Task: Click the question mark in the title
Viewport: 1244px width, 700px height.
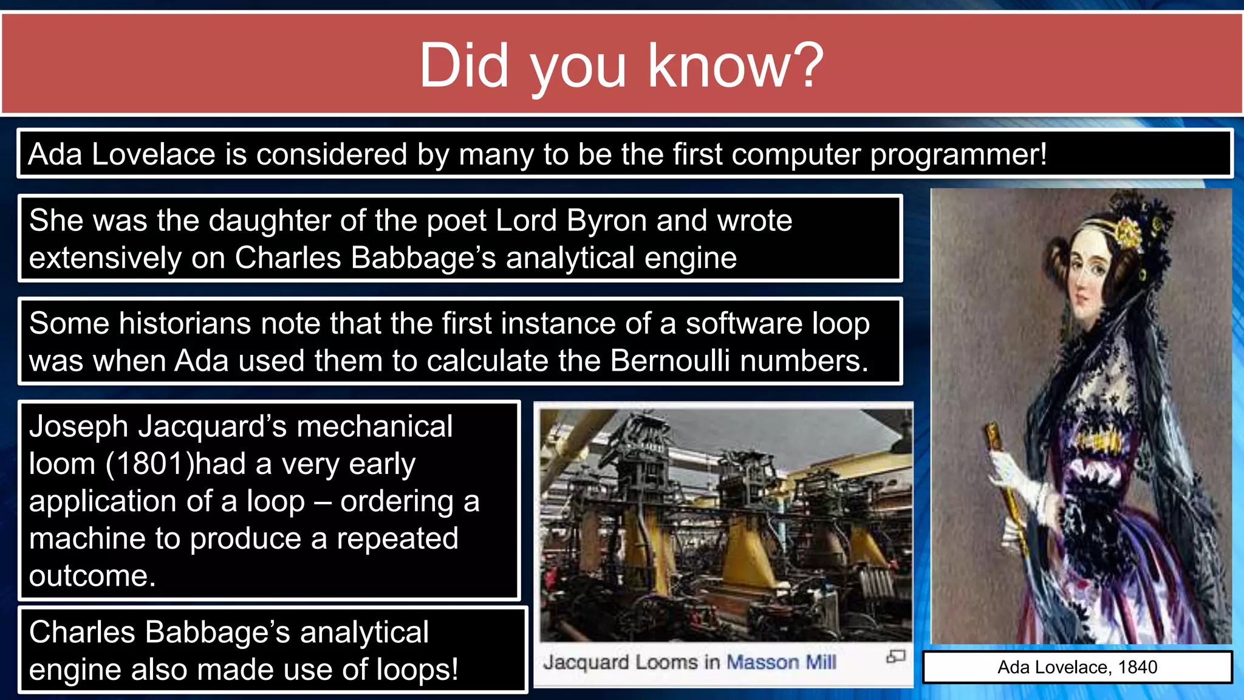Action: pyautogui.click(x=802, y=66)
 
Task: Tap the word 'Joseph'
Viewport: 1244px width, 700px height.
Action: pyautogui.click(x=79, y=427)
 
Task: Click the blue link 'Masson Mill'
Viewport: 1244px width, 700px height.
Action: pyautogui.click(x=781, y=662)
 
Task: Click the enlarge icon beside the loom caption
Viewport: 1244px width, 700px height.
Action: pyautogui.click(x=895, y=656)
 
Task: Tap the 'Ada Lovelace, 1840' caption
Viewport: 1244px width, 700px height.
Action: pyautogui.click(x=1077, y=667)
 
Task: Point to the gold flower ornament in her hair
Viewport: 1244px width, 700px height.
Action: pyautogui.click(x=1129, y=234)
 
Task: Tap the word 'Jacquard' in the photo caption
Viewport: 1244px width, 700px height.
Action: pyautogui.click(x=586, y=662)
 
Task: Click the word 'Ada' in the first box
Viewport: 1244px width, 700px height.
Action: pyautogui.click(x=55, y=154)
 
